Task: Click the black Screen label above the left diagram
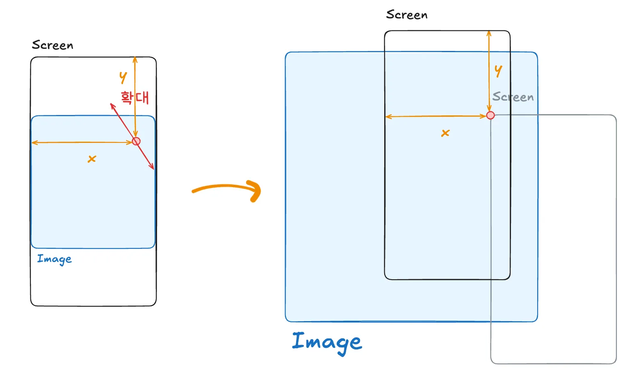click(52, 45)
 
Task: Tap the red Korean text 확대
click(135, 97)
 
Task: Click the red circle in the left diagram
click(136, 141)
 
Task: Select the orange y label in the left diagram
click(123, 77)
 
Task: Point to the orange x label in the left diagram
click(92, 159)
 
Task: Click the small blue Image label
click(54, 259)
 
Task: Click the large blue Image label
click(327, 342)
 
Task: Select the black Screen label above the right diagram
click(406, 15)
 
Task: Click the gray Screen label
click(513, 97)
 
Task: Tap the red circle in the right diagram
click(490, 115)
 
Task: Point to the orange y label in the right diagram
click(498, 71)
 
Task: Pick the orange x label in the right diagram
click(445, 133)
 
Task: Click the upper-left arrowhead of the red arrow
click(112, 104)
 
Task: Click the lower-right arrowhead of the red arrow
click(153, 168)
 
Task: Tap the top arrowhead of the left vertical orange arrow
click(135, 58)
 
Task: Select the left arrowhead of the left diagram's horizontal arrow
click(33, 142)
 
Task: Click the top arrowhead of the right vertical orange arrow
click(489, 32)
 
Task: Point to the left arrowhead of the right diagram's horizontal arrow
click(388, 117)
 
